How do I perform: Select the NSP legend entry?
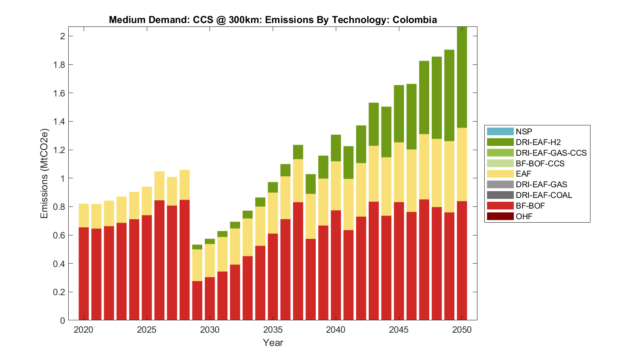pyautogui.click(x=524, y=132)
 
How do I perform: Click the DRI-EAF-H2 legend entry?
pyautogui.click(x=538, y=142)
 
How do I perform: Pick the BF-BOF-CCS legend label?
pyautogui.click(x=540, y=163)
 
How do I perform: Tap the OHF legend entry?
pyautogui.click(x=524, y=216)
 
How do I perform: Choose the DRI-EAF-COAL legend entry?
pyautogui.click(x=544, y=195)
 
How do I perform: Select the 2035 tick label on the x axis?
pyautogui.click(x=273, y=330)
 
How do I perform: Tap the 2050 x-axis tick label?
pyautogui.click(x=462, y=330)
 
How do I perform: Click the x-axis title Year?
pyautogui.click(x=273, y=343)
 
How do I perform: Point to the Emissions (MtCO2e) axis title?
pyautogui.click(x=44, y=173)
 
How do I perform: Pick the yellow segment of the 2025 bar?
pyautogui.click(x=147, y=201)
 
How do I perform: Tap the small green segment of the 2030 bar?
pyautogui.click(x=210, y=241)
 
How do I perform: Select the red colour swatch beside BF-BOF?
pyautogui.click(x=500, y=206)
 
